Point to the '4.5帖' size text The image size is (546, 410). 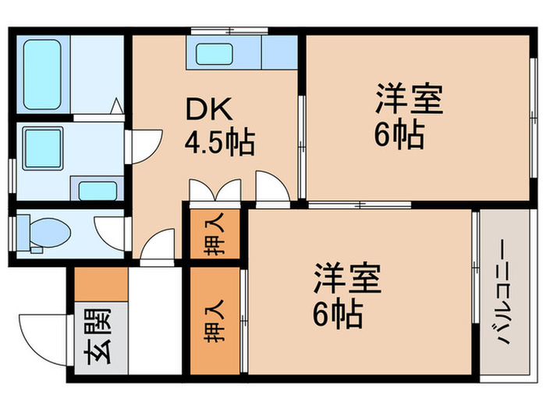[x=218, y=143]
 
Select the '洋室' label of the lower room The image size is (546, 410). [x=348, y=280]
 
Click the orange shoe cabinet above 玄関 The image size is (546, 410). [x=101, y=285]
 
